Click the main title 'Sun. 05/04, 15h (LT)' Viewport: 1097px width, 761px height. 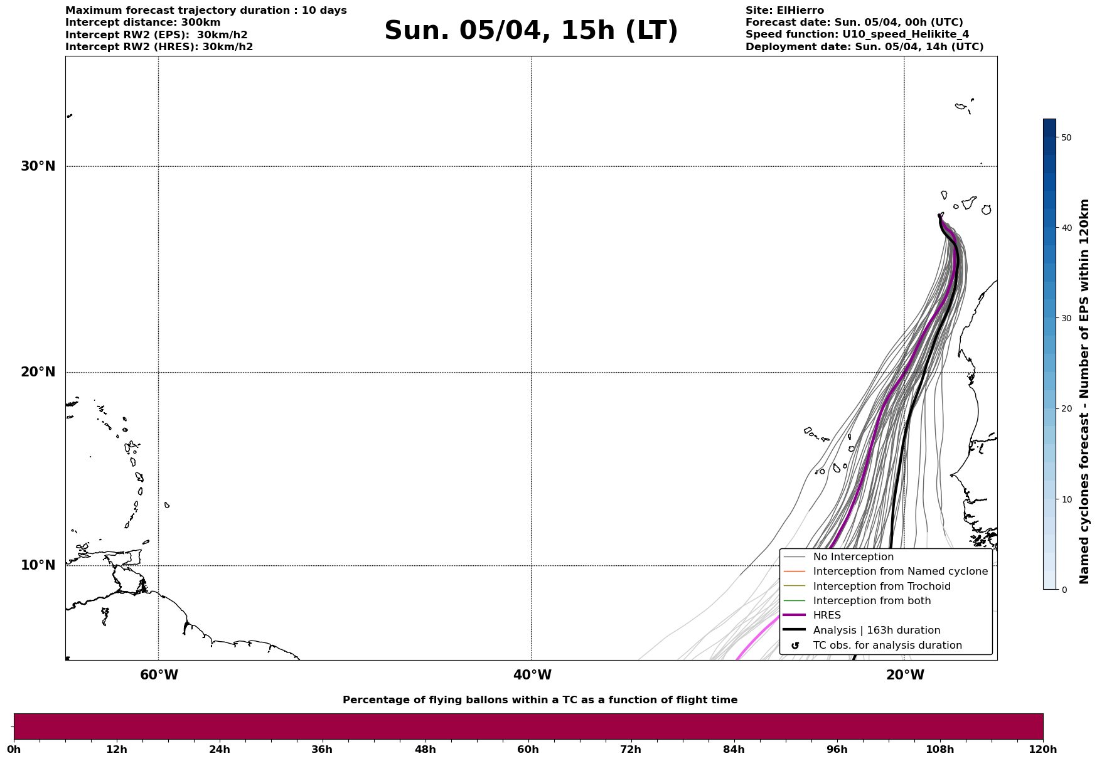(531, 31)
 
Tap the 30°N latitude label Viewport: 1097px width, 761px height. (38, 166)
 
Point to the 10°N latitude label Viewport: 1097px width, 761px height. (38, 565)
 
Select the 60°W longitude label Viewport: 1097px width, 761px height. (159, 675)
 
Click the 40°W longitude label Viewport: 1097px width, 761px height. (532, 675)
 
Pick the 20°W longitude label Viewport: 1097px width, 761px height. (905, 675)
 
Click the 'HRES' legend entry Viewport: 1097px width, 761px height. (827, 615)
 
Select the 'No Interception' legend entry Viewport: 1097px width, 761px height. (853, 557)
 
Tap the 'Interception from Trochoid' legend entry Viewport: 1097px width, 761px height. (881, 587)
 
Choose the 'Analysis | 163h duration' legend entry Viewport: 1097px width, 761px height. (876, 631)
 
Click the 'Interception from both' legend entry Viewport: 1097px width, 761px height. (872, 601)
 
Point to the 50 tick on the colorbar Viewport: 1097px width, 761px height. (1066, 137)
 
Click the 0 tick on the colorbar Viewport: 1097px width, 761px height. (1063, 590)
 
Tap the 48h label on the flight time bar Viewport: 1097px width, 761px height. (425, 750)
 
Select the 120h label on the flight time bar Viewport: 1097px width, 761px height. (1043, 750)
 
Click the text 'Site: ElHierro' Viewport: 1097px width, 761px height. (784, 11)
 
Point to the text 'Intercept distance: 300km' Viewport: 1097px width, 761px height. (143, 23)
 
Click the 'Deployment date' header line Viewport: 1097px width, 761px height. (864, 47)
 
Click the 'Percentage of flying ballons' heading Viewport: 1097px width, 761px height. (540, 700)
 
